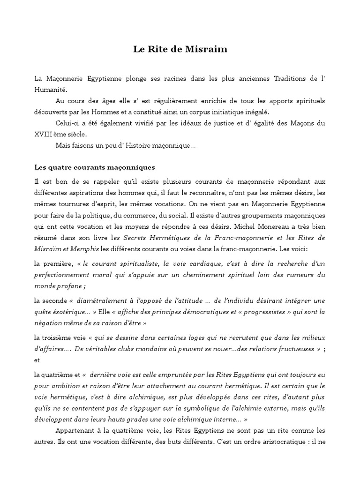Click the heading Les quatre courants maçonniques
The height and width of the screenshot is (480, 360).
[95, 167]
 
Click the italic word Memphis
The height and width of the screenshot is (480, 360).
[84, 249]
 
